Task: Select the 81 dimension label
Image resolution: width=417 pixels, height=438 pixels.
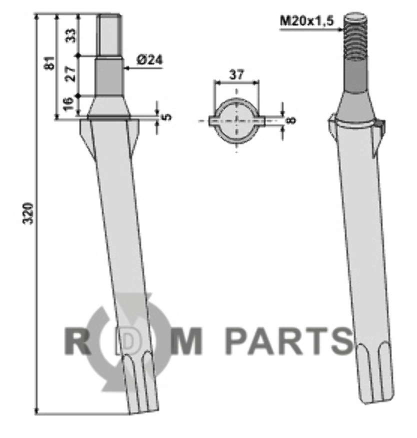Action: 50,63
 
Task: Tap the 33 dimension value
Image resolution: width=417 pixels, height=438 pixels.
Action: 71,35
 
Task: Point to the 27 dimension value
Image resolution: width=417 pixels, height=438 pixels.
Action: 71,74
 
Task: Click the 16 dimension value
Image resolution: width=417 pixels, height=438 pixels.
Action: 68,103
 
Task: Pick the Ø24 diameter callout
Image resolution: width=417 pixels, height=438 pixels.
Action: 150,60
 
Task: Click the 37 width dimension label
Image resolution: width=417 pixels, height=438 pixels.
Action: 236,75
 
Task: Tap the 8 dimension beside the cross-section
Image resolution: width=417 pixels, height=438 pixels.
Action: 291,120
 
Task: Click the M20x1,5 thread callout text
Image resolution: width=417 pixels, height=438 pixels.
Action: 306,21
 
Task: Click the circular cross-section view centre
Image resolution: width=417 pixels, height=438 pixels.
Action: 237,121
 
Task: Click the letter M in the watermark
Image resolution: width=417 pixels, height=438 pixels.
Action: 187,341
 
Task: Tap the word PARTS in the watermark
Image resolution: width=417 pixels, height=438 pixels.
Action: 289,341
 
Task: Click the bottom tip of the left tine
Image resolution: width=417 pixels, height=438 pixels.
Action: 144,412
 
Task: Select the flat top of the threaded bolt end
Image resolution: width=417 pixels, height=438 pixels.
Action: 355,17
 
